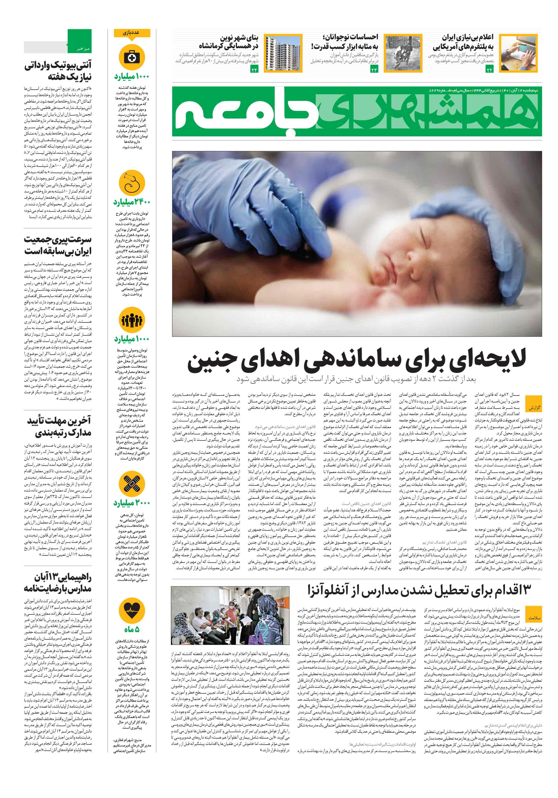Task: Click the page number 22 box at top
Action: [489, 70]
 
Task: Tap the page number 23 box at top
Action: [374, 70]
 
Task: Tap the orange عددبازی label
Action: [132, 33]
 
